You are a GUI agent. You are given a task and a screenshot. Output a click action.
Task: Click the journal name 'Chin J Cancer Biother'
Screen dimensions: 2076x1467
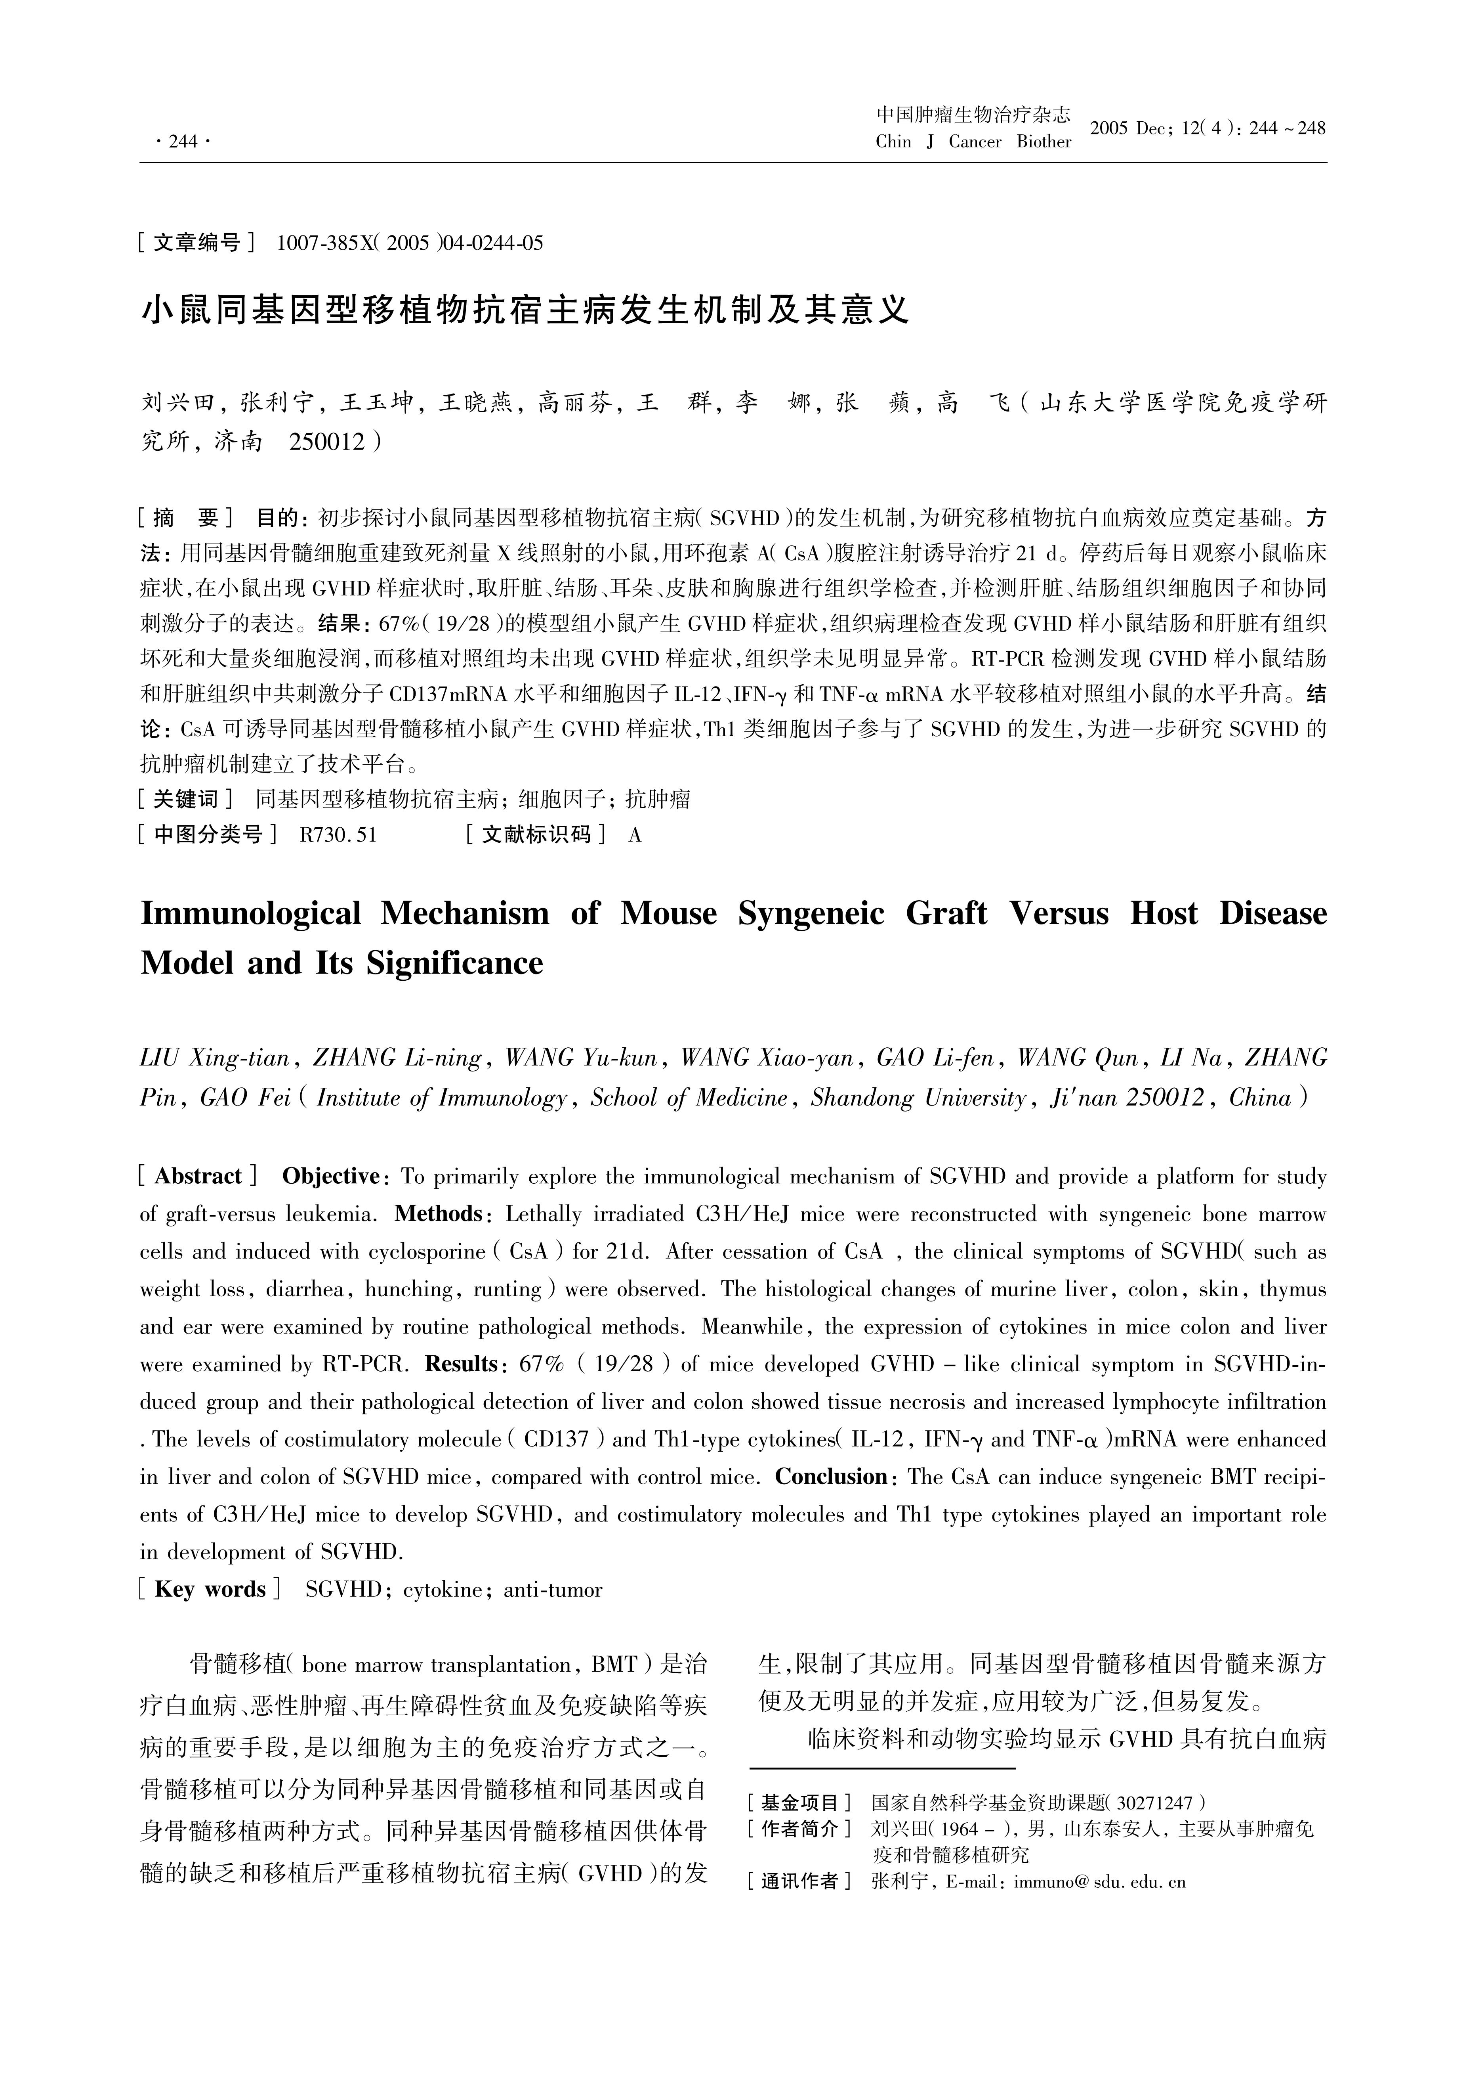(x=973, y=142)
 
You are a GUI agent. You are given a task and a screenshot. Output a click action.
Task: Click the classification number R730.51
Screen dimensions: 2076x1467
(x=337, y=834)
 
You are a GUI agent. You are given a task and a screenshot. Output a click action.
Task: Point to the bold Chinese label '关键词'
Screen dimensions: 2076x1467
(x=185, y=799)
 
